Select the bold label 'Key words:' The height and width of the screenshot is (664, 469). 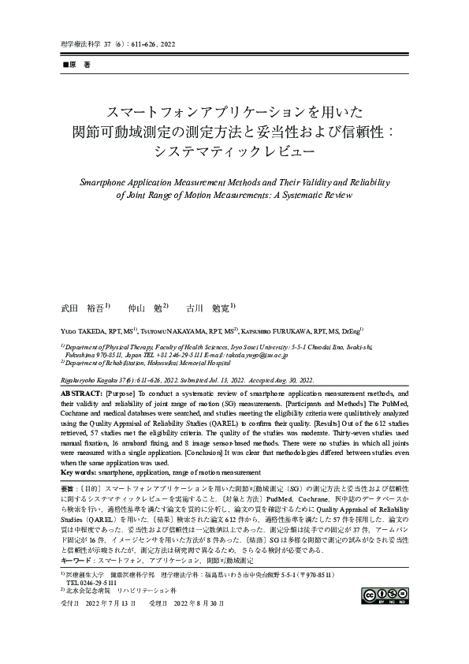click(78, 472)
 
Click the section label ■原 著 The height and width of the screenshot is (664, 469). click(76, 62)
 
